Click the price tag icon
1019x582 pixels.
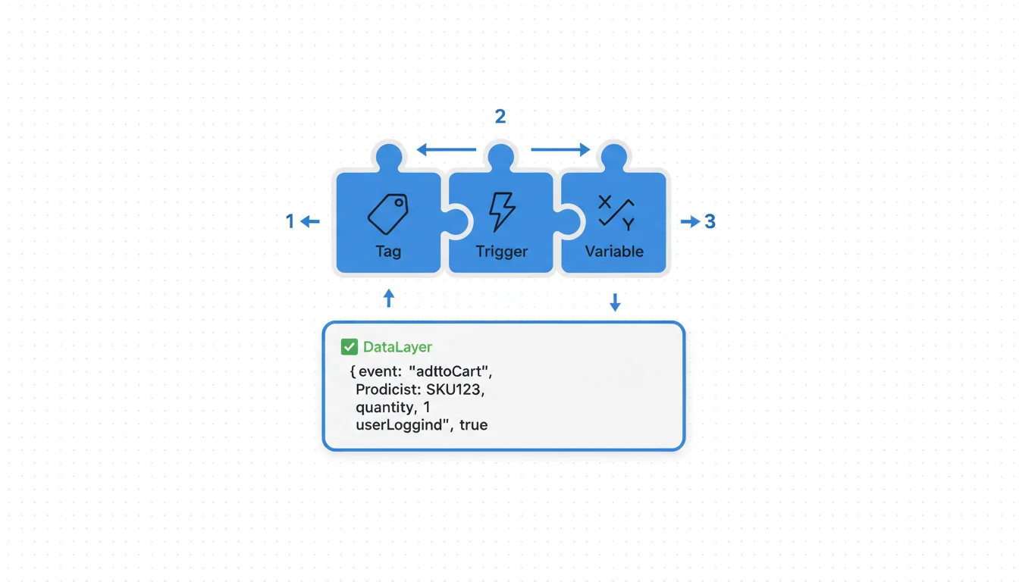tap(388, 214)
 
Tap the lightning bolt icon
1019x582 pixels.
tap(501, 211)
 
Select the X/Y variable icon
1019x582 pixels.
tap(616, 212)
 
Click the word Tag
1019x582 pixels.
tap(388, 251)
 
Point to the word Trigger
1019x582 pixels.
tap(501, 251)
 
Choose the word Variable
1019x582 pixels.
tap(614, 251)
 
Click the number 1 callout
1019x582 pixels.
tap(290, 221)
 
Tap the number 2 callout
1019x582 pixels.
tap(500, 117)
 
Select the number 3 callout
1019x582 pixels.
tap(710, 221)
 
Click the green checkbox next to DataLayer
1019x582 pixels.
tap(350, 347)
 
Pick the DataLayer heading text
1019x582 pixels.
tap(397, 347)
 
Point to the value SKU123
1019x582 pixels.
tap(455, 390)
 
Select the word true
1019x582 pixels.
tap(473, 425)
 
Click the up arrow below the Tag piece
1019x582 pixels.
tap(389, 298)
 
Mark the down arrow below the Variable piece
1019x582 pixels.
tap(615, 302)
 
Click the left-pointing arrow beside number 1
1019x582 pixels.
tap(310, 221)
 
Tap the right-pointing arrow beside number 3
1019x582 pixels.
tap(690, 221)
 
